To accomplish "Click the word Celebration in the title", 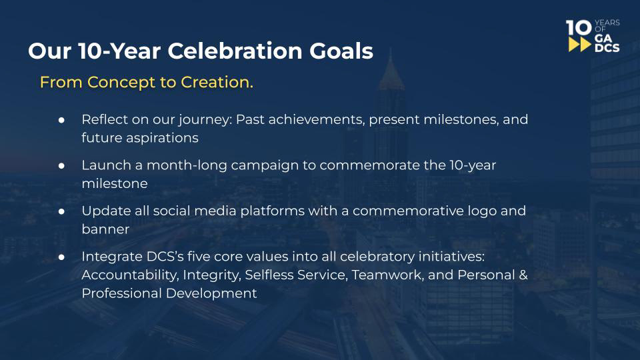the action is pyautogui.click(x=235, y=51).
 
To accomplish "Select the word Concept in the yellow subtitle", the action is pyautogui.click(x=121, y=83).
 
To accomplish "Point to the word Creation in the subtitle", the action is pyautogui.click(x=217, y=82).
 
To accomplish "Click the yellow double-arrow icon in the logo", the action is pyautogui.click(x=579, y=45).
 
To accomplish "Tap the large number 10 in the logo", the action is pyautogui.click(x=579, y=28).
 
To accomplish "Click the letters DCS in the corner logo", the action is pyautogui.click(x=607, y=48).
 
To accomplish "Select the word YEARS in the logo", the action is pyautogui.click(x=607, y=23).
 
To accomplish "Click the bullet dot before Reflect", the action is pyautogui.click(x=61, y=120).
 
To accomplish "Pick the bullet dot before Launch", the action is pyautogui.click(x=61, y=166).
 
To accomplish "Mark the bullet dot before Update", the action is pyautogui.click(x=61, y=211).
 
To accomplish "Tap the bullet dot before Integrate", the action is pyautogui.click(x=61, y=257).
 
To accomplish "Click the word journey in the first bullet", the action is pyautogui.click(x=205, y=121).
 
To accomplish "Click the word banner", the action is pyautogui.click(x=105, y=229).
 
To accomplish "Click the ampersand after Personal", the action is pyautogui.click(x=523, y=275).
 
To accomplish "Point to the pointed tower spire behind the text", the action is pyautogui.click(x=391, y=67).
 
